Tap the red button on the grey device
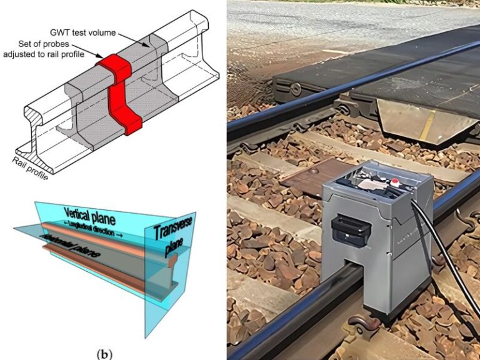click(x=395, y=182)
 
